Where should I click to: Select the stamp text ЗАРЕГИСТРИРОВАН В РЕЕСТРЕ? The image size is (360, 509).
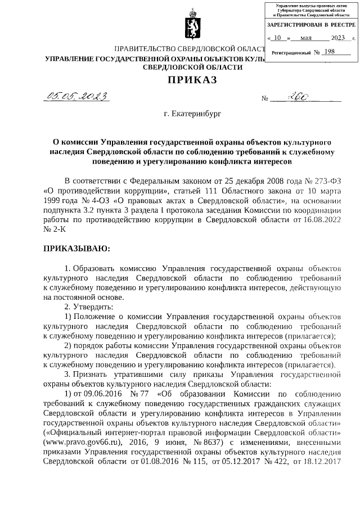click(x=311, y=25)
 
